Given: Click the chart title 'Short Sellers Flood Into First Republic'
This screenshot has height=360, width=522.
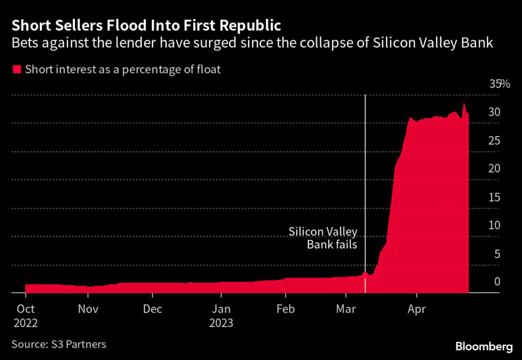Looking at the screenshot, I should tap(146, 25).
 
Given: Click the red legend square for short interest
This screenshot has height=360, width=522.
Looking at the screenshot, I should tap(17, 69).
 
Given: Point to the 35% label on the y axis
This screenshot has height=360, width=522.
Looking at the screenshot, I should tap(500, 84).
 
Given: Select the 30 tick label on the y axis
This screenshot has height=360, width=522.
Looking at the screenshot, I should tap(494, 112).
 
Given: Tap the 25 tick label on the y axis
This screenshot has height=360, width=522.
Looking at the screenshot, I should tap(494, 141).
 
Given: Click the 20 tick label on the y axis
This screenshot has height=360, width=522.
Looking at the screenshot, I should tap(494, 169).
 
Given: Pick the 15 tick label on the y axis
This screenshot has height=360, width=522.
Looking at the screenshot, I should tap(494, 197).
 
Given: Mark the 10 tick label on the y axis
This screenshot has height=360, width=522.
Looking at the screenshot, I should tap(494, 225).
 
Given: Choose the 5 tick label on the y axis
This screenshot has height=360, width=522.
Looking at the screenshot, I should tap(496, 254).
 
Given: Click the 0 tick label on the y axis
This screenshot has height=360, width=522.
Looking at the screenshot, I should tap(496, 282).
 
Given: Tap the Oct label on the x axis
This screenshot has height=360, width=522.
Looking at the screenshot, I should tap(25, 309).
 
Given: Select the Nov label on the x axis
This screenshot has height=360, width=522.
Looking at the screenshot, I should tap(88, 309).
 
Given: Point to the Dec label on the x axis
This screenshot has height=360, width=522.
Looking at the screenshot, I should tap(152, 309).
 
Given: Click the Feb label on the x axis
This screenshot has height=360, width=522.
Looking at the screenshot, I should tap(285, 309).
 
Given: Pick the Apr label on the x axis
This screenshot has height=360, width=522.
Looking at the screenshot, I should tap(417, 309).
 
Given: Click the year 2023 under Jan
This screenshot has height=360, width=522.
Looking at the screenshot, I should tap(221, 323).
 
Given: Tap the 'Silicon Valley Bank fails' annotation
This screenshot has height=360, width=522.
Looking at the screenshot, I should tap(323, 238).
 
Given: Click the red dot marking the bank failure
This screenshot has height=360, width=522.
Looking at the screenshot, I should tap(366, 274).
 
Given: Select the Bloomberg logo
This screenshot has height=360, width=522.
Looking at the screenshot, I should tap(483, 347).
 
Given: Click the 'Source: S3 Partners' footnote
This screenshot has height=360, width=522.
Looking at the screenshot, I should tap(59, 344).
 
